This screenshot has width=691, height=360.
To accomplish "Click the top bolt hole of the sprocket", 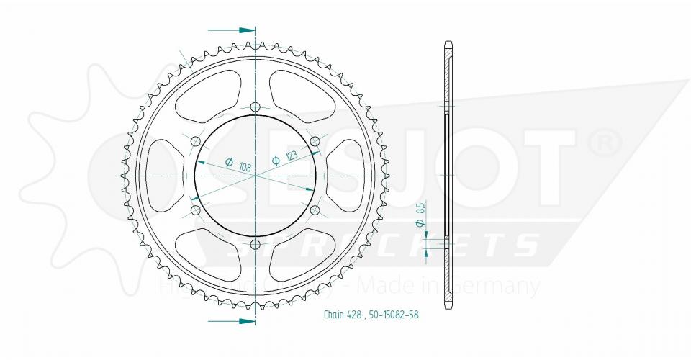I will click(256, 107).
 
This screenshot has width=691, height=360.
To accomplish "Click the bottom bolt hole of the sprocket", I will click(256, 245).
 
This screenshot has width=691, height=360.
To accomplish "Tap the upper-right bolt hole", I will click(315, 140).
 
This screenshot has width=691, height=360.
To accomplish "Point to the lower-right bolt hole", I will click(315, 210).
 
